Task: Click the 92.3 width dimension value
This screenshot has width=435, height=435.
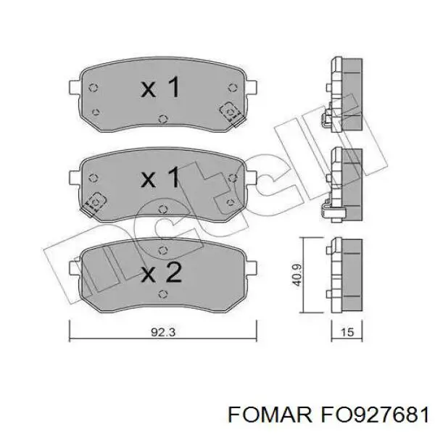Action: tap(163, 332)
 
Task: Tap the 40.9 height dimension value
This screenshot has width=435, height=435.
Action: tap(297, 275)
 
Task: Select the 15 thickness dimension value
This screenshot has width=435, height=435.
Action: tap(347, 332)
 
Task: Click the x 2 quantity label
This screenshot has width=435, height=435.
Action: tap(161, 272)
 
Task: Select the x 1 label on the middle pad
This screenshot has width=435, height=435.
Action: tap(160, 177)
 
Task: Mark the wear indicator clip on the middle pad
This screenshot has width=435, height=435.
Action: tap(94, 204)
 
